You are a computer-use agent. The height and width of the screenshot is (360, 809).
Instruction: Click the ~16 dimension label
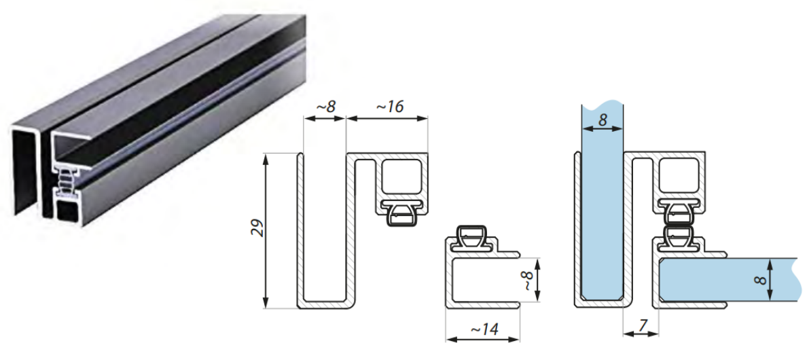click(389, 106)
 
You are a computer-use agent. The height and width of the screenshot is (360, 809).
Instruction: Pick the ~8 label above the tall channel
click(325, 106)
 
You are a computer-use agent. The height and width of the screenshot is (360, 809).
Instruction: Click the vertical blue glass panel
click(602, 201)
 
